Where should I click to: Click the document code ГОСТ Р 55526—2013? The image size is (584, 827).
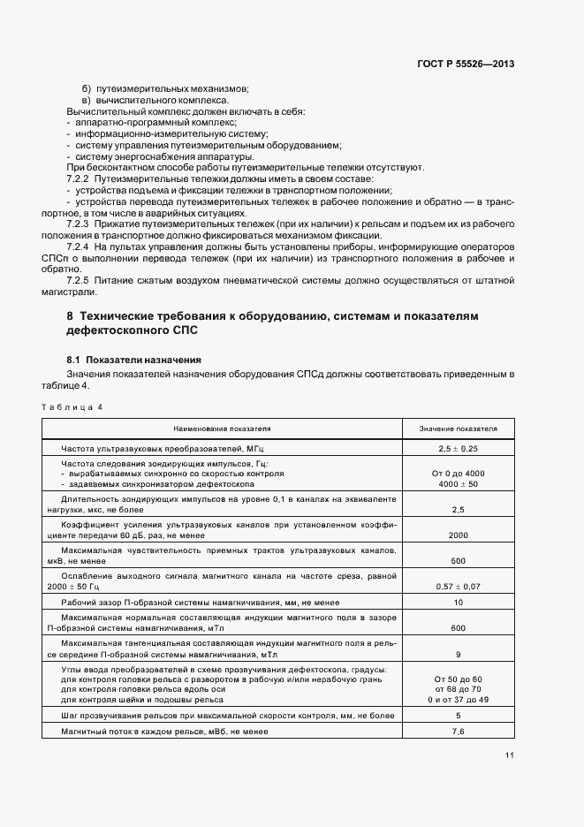(x=466, y=64)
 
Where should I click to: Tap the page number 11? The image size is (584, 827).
(x=510, y=755)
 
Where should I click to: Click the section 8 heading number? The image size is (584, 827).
(x=70, y=316)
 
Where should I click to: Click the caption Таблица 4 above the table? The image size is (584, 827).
(x=72, y=406)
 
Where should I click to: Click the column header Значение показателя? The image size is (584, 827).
(x=458, y=429)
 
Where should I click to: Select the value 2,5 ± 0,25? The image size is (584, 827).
(x=458, y=450)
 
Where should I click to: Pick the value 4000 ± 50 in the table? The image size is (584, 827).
(x=458, y=484)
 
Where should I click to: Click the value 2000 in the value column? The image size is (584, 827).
(x=458, y=535)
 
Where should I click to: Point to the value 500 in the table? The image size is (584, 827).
(x=458, y=561)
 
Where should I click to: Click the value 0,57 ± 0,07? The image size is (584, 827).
(x=458, y=587)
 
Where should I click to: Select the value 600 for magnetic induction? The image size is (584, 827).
(x=458, y=628)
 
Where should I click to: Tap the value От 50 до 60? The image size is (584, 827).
(x=458, y=679)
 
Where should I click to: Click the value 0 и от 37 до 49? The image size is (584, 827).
(x=458, y=699)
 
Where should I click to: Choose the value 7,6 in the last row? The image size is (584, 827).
(x=458, y=732)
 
